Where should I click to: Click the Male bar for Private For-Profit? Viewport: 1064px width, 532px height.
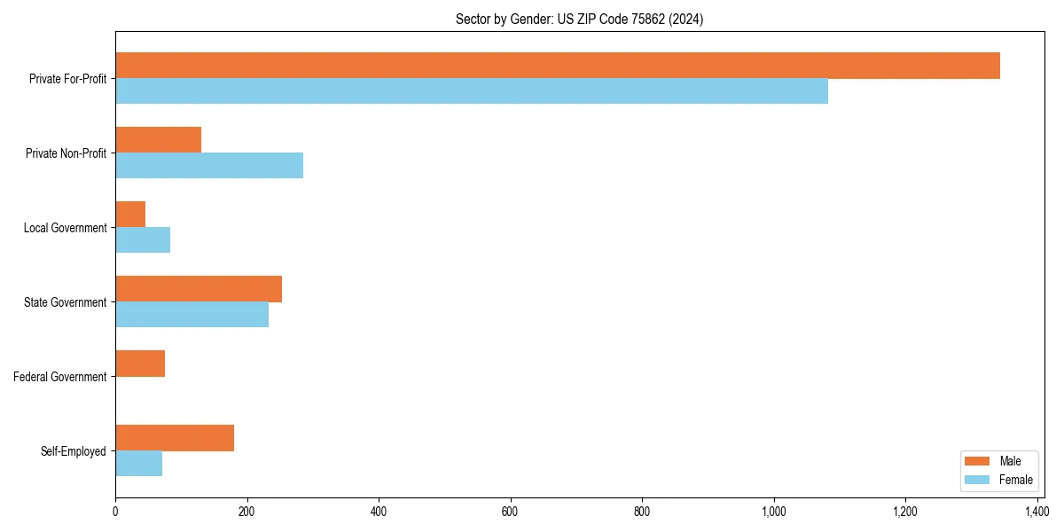557,66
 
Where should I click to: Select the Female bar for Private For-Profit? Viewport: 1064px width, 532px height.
471,91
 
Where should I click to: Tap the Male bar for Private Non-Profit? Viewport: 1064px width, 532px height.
158,140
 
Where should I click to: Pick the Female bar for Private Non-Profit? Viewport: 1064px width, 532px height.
209,166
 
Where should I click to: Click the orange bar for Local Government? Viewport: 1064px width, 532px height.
130,215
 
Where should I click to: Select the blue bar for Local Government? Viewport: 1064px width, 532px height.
143,240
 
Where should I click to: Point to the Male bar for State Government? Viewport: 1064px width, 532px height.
199,289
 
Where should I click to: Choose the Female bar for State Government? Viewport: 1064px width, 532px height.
192,315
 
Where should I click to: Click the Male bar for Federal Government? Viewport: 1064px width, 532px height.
140,364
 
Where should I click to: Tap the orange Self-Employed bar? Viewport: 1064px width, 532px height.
175,438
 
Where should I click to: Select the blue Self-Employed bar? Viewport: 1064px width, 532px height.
138,464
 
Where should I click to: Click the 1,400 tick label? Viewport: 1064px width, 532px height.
1037,512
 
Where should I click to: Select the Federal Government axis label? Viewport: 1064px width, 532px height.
60,377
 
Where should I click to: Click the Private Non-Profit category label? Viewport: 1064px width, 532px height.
66,153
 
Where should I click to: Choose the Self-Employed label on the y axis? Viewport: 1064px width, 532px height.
74,451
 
